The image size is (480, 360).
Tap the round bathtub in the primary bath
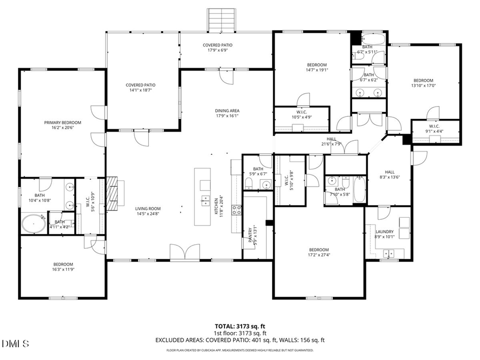coord(33,223)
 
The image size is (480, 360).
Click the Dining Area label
coord(227,110)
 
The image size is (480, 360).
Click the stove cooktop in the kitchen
coord(236,210)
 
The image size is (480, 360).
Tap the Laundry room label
coord(384,232)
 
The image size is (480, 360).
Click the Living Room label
coord(147,209)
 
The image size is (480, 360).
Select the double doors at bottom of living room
coord(182,252)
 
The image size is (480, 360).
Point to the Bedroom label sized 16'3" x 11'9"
coord(63,264)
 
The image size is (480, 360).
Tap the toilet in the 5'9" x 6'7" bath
coord(249,183)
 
